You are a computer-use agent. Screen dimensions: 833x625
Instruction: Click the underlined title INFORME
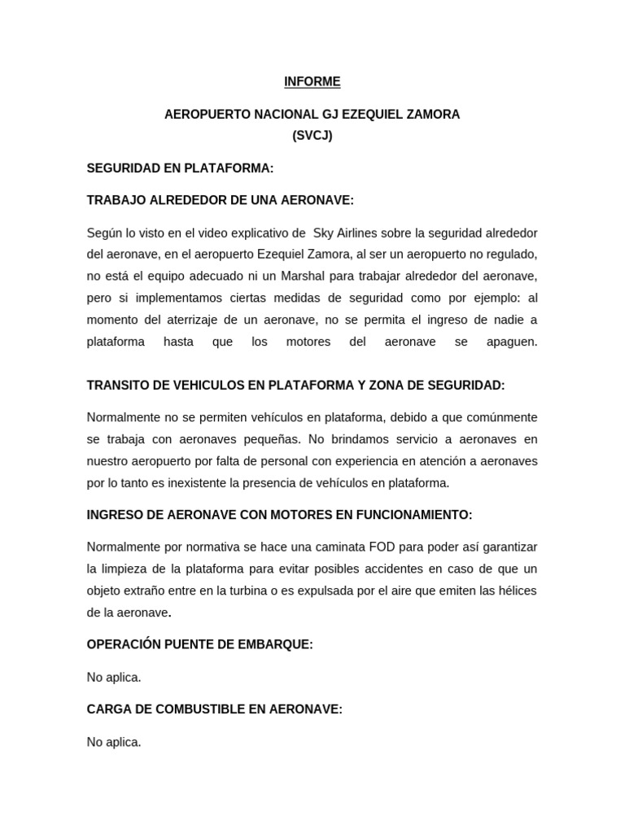click(312, 81)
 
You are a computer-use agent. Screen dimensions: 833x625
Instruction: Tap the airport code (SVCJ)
click(312, 136)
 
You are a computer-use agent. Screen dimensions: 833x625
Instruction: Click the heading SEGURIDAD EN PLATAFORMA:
click(180, 168)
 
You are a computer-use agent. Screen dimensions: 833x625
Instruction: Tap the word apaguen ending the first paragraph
click(511, 342)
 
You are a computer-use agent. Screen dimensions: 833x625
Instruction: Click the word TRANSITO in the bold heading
click(117, 385)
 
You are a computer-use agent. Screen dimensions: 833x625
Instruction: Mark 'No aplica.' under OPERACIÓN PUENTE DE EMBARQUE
click(114, 677)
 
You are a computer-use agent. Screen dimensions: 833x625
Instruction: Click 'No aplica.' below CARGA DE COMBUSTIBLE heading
click(114, 742)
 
